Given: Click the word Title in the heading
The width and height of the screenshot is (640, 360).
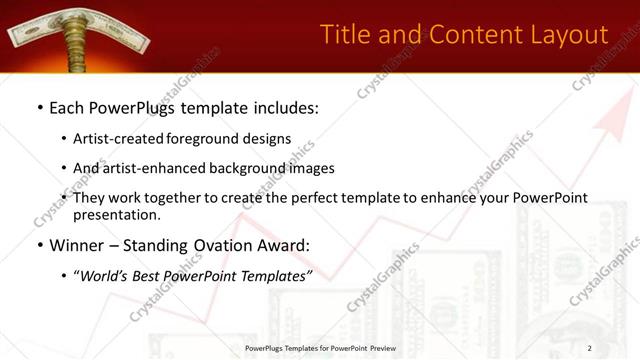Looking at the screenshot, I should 346,35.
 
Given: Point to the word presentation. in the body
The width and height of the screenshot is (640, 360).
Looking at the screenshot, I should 117,214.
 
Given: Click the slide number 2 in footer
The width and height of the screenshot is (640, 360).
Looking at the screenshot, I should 590,347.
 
